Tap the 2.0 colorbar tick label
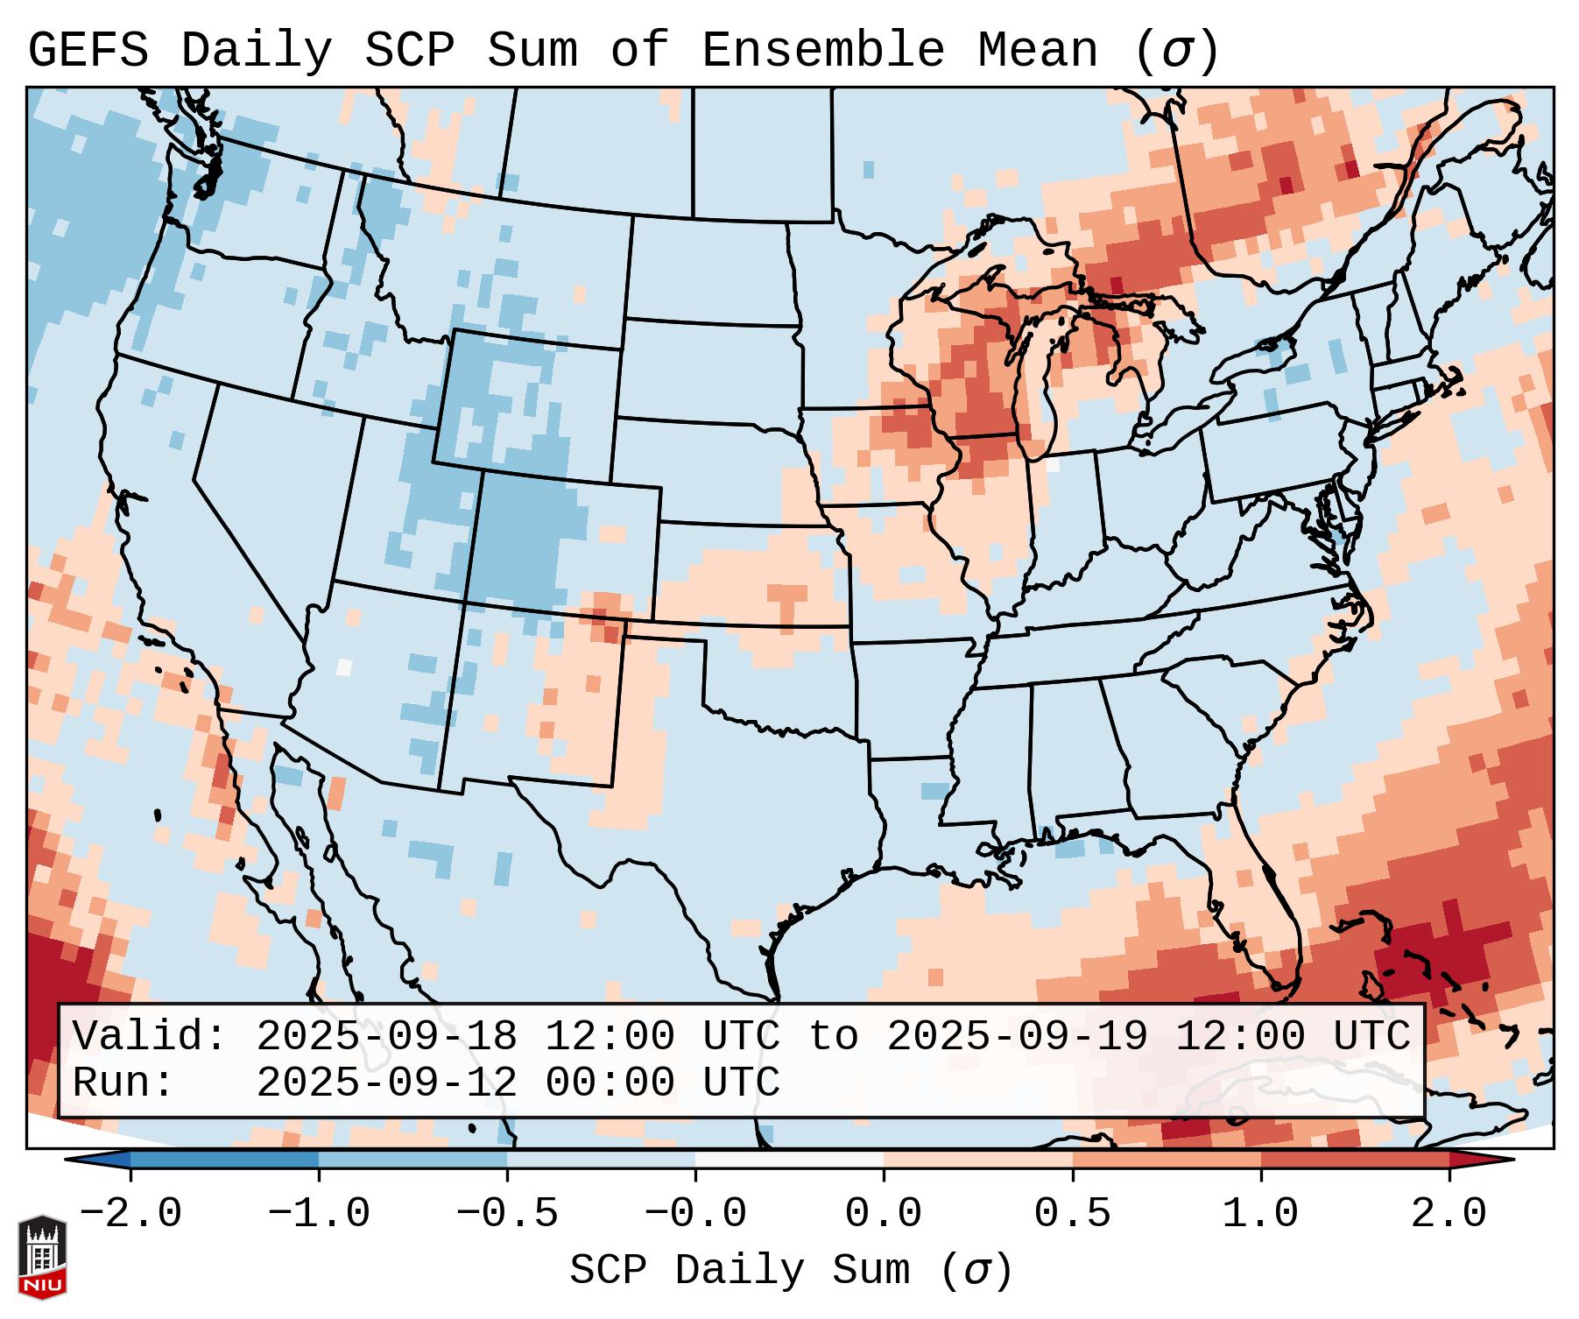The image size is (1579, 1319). (x=1449, y=1214)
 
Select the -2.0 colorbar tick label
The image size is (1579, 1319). (x=130, y=1214)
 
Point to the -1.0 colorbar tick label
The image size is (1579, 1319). (x=319, y=1214)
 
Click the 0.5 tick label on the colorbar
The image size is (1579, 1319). (x=1072, y=1214)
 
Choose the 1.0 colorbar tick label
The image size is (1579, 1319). (x=1260, y=1214)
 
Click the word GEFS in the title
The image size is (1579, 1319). (x=88, y=50)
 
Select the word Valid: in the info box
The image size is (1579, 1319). (x=150, y=1036)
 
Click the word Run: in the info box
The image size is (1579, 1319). (x=123, y=1083)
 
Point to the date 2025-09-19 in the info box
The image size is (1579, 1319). (x=1017, y=1036)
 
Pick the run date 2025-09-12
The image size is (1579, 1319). (x=386, y=1083)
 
